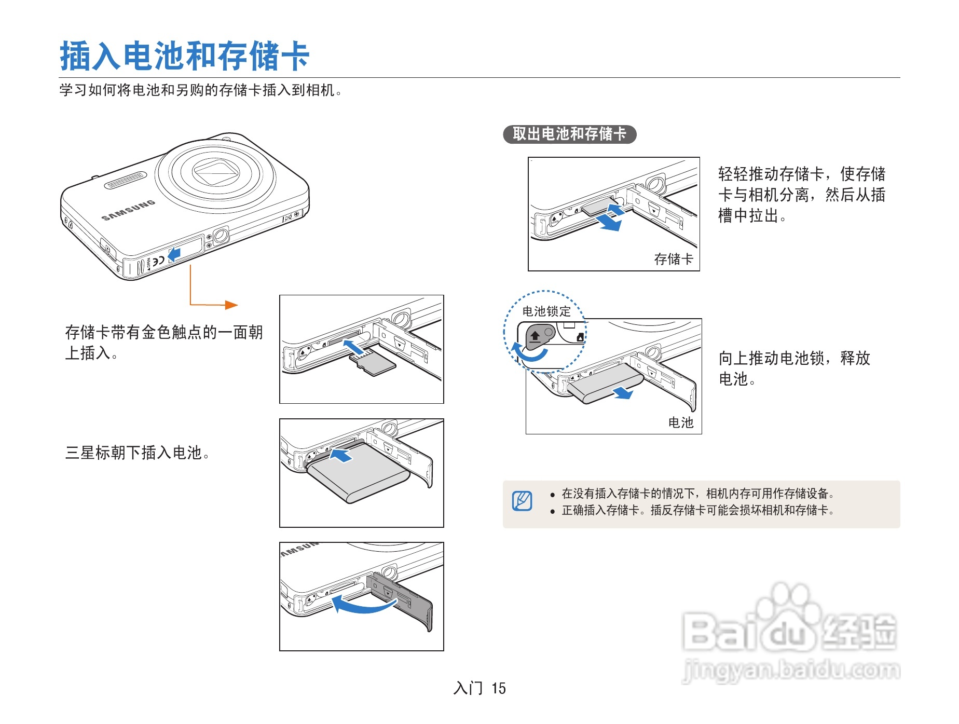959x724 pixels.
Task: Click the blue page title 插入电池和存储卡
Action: (x=185, y=56)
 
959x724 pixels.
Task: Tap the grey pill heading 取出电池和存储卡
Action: (x=569, y=134)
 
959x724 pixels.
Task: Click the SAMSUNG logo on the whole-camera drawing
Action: (x=128, y=210)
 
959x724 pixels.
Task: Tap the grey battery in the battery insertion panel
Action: (x=358, y=475)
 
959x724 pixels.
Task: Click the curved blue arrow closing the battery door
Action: (x=363, y=605)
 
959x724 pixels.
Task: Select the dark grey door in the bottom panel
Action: (x=402, y=599)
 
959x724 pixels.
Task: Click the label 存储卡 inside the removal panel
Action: (x=673, y=259)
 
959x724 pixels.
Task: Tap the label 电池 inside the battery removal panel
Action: (x=680, y=422)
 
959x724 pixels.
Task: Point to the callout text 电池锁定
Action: (x=546, y=311)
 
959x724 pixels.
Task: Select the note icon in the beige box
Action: (x=522, y=501)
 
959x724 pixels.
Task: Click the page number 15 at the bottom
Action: (x=499, y=688)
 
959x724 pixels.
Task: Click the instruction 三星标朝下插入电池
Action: (x=137, y=453)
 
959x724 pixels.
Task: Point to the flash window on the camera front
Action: (x=125, y=181)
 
